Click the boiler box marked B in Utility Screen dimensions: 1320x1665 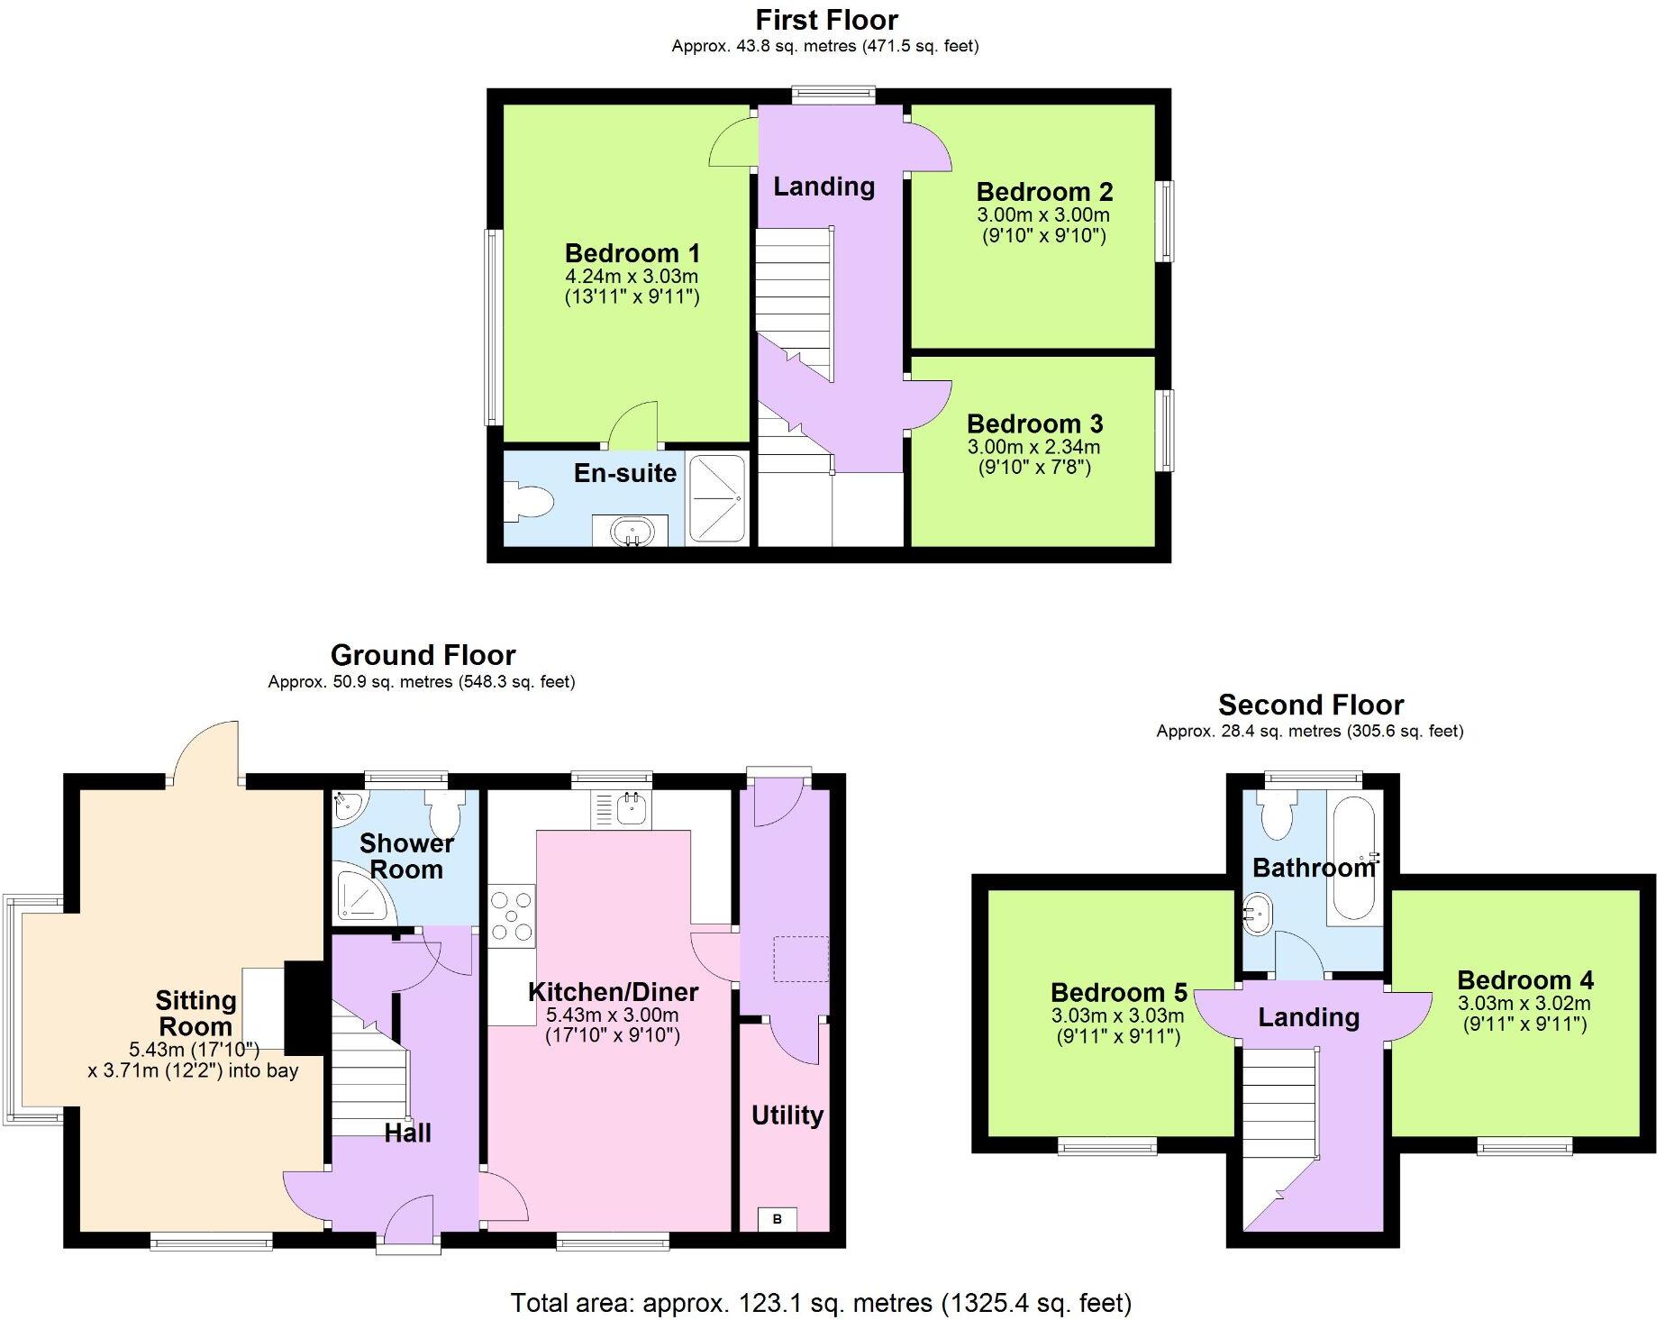(x=778, y=1218)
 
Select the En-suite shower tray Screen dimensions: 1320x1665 (x=716, y=498)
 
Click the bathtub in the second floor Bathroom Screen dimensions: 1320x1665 (x=1351, y=857)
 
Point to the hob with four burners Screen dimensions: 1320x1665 (x=512, y=915)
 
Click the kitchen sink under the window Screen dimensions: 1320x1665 (x=621, y=809)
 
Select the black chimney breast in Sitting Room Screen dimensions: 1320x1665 (x=305, y=1008)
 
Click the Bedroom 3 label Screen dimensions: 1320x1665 (x=1034, y=423)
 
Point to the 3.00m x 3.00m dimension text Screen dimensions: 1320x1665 (x=1043, y=215)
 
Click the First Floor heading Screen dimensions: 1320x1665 (x=826, y=20)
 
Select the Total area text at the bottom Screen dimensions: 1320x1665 (x=821, y=1302)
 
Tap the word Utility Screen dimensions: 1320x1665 (x=787, y=1115)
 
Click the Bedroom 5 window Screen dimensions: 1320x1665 (x=1106, y=1146)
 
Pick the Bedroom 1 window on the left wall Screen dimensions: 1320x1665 (x=493, y=327)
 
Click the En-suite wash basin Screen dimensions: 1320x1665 (x=630, y=532)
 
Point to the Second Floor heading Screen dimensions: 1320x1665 (x=1310, y=705)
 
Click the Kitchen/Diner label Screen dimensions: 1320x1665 (x=613, y=992)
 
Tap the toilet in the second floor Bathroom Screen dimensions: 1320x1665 (x=1278, y=815)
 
